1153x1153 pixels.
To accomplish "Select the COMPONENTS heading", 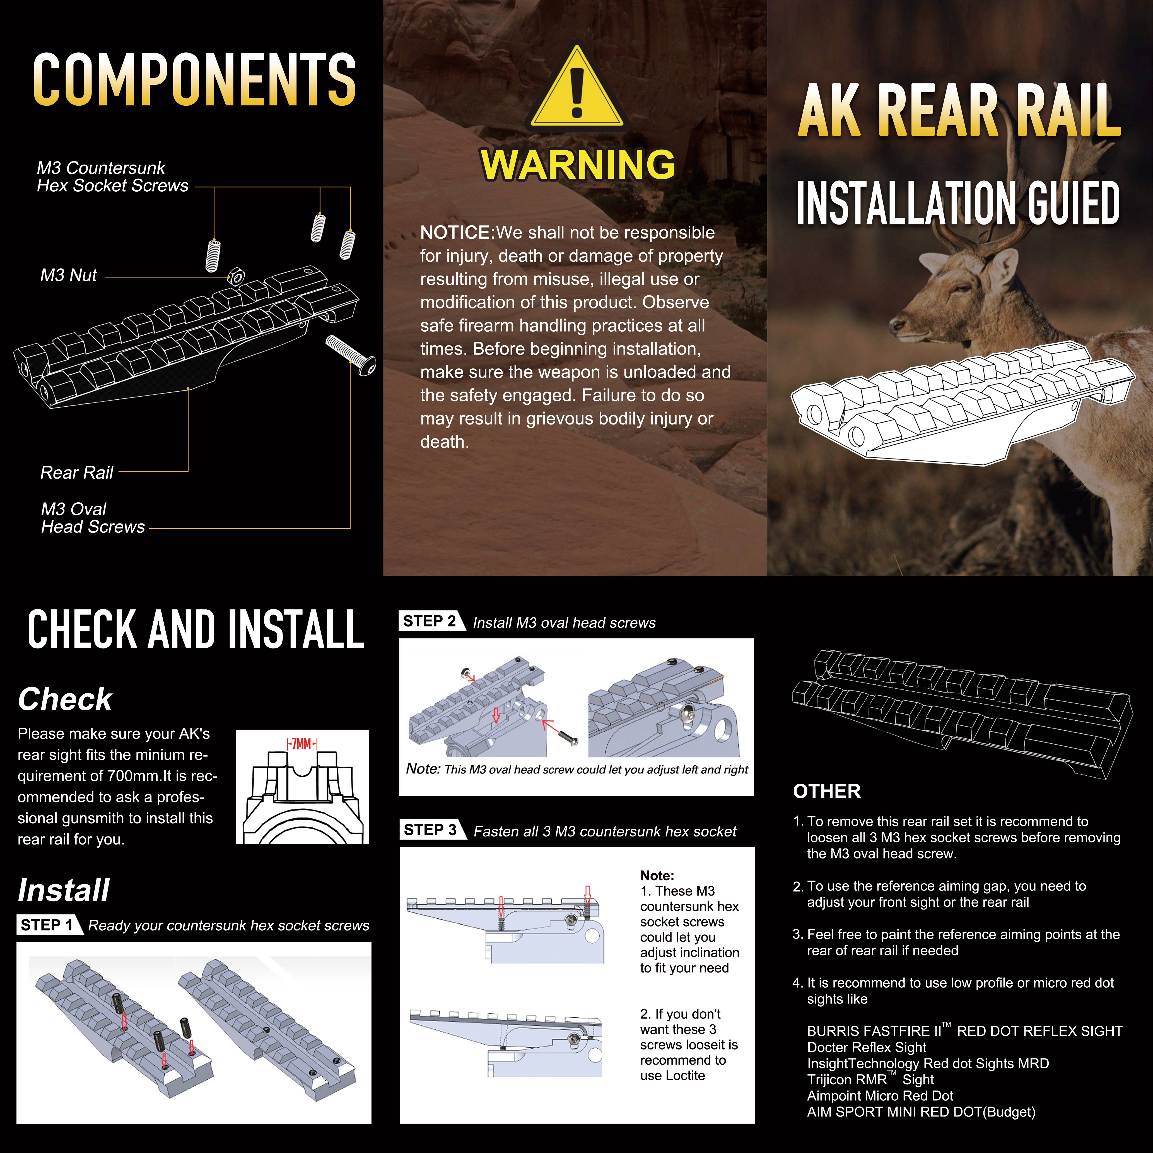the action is click(195, 79).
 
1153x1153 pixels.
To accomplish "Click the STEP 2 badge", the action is click(431, 621).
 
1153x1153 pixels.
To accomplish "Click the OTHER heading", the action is click(827, 791).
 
